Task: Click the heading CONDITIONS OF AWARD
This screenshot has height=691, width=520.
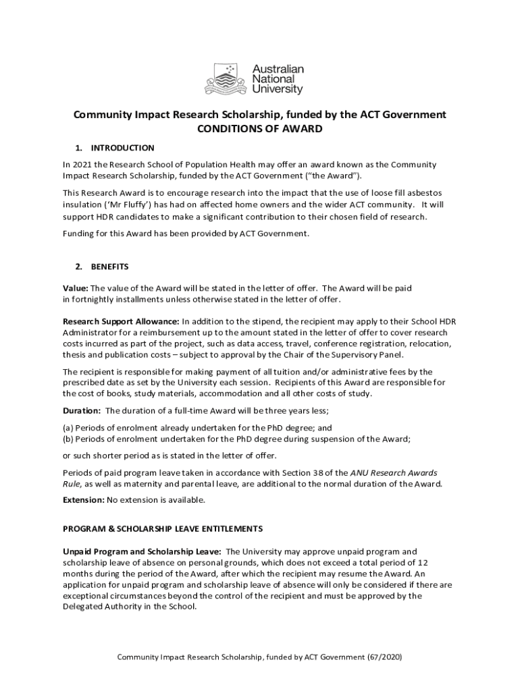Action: pyautogui.click(x=259, y=130)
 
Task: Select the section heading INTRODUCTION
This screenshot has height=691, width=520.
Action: pyautogui.click(x=122, y=148)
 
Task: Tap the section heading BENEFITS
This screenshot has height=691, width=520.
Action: pyautogui.click(x=109, y=267)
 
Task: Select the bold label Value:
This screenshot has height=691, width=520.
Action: pyautogui.click(x=75, y=288)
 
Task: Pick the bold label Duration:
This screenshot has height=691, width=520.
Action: pyautogui.click(x=82, y=410)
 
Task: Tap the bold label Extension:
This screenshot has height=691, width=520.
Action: pyautogui.click(x=84, y=500)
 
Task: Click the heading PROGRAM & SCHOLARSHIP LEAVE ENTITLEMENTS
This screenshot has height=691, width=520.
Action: pyautogui.click(x=163, y=528)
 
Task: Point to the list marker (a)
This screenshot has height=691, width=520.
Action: pyautogui.click(x=68, y=428)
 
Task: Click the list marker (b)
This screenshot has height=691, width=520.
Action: pyautogui.click(x=68, y=439)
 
